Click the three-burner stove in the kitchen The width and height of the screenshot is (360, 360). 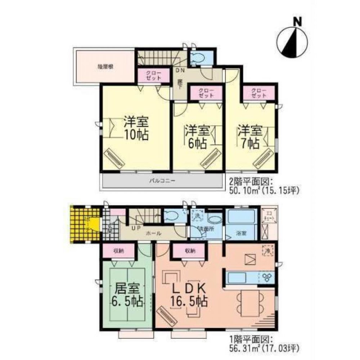tap(267, 278)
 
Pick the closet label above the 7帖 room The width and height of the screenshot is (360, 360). tap(259, 93)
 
